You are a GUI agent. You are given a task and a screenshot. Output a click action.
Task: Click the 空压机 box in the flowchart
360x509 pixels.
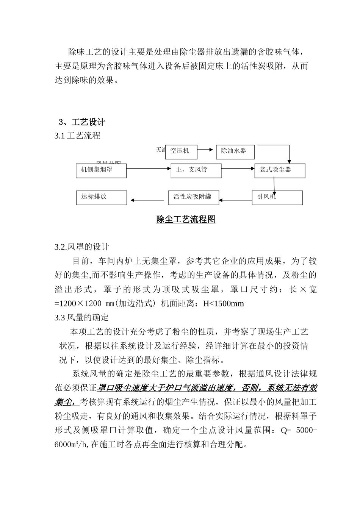click(x=182, y=151)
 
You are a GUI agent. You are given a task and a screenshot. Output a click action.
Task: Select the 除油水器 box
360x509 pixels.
click(x=235, y=151)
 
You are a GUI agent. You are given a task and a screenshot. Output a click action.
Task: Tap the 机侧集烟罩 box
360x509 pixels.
click(x=101, y=170)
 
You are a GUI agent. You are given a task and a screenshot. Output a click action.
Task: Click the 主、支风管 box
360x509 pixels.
click(x=196, y=170)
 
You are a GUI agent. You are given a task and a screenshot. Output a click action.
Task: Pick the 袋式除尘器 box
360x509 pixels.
click(x=280, y=170)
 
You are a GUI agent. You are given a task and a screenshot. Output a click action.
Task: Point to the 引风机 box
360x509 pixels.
click(x=277, y=198)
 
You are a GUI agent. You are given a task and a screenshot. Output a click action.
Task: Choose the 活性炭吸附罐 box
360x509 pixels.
click(x=194, y=197)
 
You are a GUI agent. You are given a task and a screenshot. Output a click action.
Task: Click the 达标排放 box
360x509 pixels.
click(x=101, y=197)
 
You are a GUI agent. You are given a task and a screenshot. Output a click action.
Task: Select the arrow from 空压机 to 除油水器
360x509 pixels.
click(x=205, y=150)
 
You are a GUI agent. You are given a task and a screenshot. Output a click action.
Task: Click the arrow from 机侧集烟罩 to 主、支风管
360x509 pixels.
click(x=149, y=168)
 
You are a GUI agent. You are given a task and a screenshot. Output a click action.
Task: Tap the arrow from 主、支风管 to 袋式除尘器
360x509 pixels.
click(x=238, y=168)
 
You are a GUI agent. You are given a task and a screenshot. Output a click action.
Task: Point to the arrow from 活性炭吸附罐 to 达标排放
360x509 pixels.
click(x=147, y=200)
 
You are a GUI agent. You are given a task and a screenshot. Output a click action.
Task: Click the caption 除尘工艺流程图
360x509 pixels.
click(x=186, y=219)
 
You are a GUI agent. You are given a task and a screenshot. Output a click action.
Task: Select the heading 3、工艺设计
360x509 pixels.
click(x=82, y=122)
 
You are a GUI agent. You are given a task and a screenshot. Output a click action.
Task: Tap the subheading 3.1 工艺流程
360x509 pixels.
click(x=77, y=136)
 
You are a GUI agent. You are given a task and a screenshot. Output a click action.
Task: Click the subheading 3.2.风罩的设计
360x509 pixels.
click(x=81, y=247)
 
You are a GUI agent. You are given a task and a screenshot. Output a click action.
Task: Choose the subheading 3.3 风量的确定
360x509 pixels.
click(x=81, y=317)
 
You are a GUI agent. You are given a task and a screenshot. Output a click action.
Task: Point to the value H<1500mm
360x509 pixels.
click(x=224, y=303)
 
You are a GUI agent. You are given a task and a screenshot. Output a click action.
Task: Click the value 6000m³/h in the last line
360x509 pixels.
click(x=71, y=445)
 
